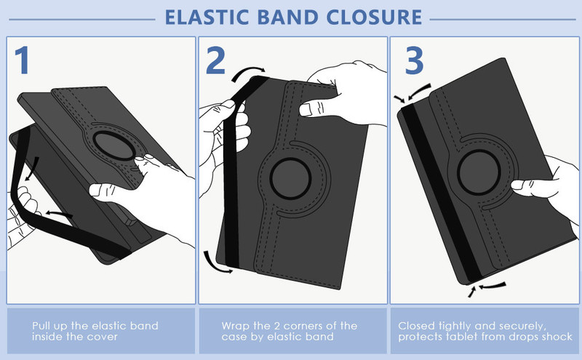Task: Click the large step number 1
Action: click(23, 60)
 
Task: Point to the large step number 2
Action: click(215, 60)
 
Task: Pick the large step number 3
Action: click(414, 60)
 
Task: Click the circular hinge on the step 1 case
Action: click(114, 145)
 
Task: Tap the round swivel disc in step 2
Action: click(290, 178)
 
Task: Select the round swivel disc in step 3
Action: click(479, 172)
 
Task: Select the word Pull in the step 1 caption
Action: click(41, 326)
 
